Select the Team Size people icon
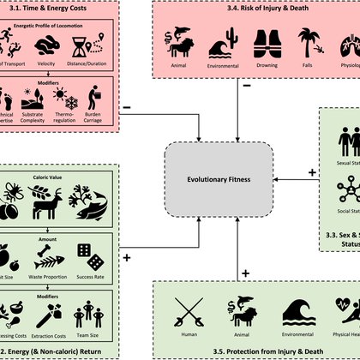point(90,306)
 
